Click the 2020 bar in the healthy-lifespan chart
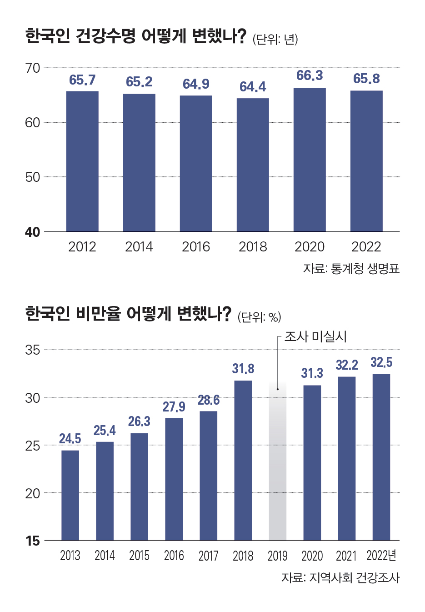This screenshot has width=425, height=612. (310, 160)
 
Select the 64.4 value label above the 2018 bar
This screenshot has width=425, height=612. (253, 87)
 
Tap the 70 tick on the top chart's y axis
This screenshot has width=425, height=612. (33, 68)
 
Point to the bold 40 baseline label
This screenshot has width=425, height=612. (33, 232)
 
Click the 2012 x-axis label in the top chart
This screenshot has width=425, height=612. (82, 247)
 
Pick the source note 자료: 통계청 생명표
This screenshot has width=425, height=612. (351, 269)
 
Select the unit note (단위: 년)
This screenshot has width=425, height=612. (275, 40)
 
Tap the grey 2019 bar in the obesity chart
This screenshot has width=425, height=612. (277, 462)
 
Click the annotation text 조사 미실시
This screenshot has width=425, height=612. (315, 337)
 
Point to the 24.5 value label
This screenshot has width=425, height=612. (70, 439)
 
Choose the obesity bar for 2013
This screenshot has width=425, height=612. (70, 495)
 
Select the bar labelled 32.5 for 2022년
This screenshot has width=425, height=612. (381, 457)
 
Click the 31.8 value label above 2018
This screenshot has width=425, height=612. (243, 369)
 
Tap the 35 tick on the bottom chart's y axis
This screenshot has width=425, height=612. (33, 350)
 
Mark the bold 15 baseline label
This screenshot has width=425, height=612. (33, 541)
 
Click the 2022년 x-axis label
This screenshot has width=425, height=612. (381, 556)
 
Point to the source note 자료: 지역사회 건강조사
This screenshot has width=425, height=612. (340, 578)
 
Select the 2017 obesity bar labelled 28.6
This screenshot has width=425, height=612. (208, 476)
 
